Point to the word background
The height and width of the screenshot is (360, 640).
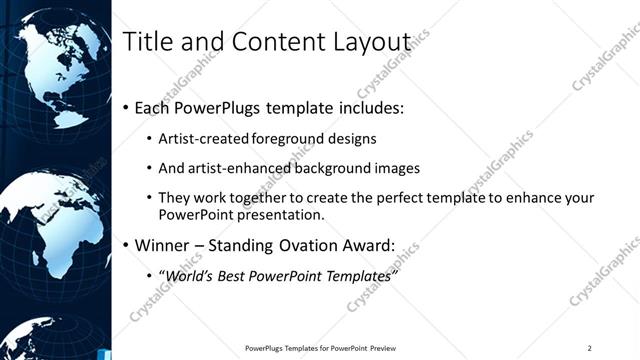[326, 168]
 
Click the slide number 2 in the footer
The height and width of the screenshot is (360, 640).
[589, 348]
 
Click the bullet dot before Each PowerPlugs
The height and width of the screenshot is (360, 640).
[125, 106]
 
